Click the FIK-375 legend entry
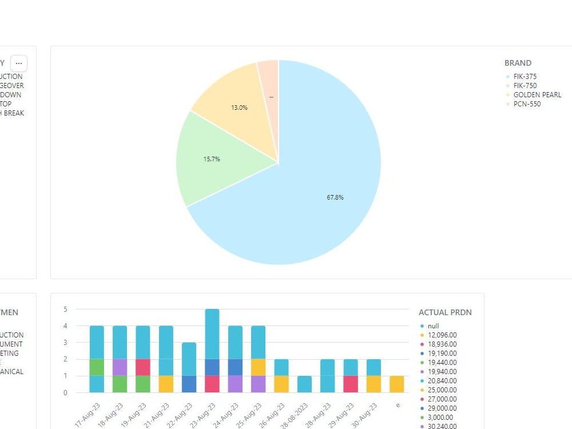pyautogui.click(x=525, y=77)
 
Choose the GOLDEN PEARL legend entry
pyautogui.click(x=537, y=95)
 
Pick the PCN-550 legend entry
pyautogui.click(x=526, y=104)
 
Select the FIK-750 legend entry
pyautogui.click(x=525, y=86)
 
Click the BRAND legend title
pyautogui.click(x=518, y=63)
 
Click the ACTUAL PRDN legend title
pyautogui.click(x=445, y=312)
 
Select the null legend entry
pyautogui.click(x=433, y=326)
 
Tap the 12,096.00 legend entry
pyautogui.click(x=442, y=335)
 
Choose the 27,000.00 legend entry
pyautogui.click(x=442, y=399)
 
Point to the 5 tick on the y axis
pyautogui.click(x=65, y=309)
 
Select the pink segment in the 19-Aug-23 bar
pyautogui.click(x=143, y=367)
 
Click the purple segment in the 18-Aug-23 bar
pyautogui.click(x=120, y=367)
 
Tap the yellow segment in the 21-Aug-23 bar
pyautogui.click(x=166, y=384)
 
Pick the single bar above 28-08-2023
pyautogui.click(x=305, y=384)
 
